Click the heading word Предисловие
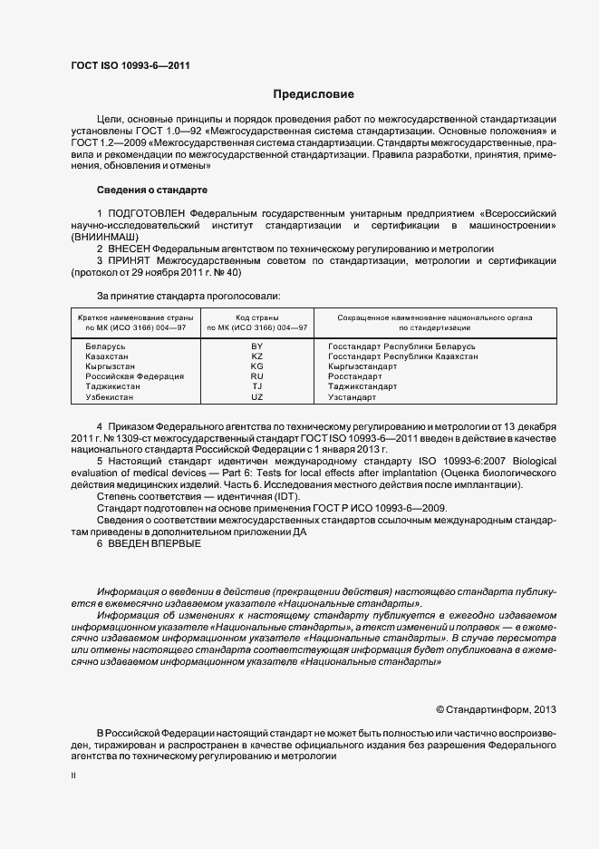314,94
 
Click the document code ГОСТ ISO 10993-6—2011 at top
130,65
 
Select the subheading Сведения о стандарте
151,190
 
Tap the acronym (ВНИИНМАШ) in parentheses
104,235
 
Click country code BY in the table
256,346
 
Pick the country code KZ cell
256,356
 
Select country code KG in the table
256,366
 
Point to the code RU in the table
256,376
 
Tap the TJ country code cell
256,386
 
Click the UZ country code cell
256,397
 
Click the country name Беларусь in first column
105,346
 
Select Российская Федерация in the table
134,376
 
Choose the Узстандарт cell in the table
352,397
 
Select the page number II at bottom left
72,776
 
